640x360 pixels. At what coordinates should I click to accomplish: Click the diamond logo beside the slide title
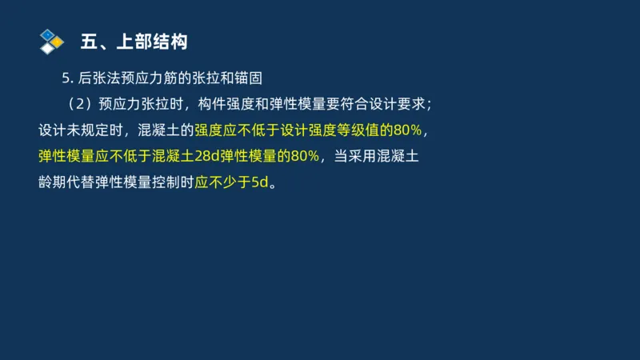point(51,40)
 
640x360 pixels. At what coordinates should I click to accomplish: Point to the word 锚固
point(248,78)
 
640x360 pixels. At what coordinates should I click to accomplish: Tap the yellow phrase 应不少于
point(222,182)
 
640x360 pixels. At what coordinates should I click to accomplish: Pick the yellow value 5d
point(259,182)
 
